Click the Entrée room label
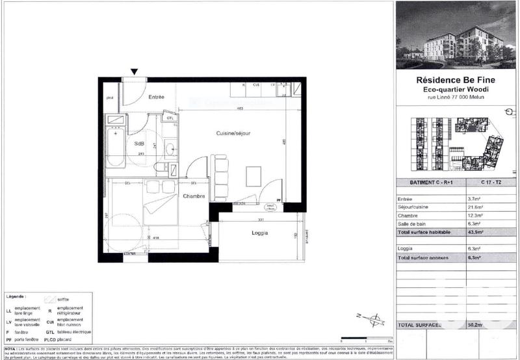click(x=156, y=97)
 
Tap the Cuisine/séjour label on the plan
click(x=233, y=133)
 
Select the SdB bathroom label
click(x=139, y=144)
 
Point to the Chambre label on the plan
click(x=194, y=196)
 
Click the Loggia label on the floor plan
click(x=259, y=233)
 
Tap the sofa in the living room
click(x=220, y=175)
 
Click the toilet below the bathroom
click(x=161, y=168)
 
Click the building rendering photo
click(x=456, y=35)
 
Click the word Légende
click(x=15, y=296)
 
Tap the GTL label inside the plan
click(x=170, y=118)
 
